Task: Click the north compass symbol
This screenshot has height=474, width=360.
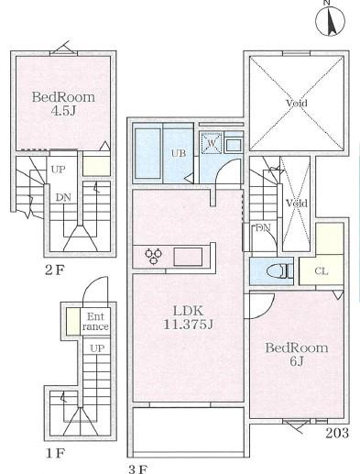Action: (330, 20)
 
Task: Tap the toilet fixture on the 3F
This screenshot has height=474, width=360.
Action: (278, 271)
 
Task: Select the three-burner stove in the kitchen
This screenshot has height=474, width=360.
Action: (154, 256)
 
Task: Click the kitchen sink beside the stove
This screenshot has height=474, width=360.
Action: (188, 257)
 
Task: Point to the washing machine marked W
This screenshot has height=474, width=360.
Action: (212, 143)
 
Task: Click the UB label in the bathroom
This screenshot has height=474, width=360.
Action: (179, 153)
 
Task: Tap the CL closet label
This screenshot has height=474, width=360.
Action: (322, 271)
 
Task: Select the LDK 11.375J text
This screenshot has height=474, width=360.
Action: (188, 317)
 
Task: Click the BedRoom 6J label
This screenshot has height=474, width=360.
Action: (297, 355)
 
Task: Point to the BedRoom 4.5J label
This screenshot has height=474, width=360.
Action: (63, 104)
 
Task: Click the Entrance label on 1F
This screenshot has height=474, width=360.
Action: (95, 322)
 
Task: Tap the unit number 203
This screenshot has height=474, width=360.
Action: (337, 433)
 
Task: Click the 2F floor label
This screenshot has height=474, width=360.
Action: (55, 270)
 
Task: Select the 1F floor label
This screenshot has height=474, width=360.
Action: (55, 453)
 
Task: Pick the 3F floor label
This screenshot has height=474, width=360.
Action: (138, 469)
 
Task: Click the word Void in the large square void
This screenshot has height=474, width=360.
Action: (297, 103)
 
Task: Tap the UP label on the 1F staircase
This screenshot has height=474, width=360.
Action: (97, 348)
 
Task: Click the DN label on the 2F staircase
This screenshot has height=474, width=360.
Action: (63, 197)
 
